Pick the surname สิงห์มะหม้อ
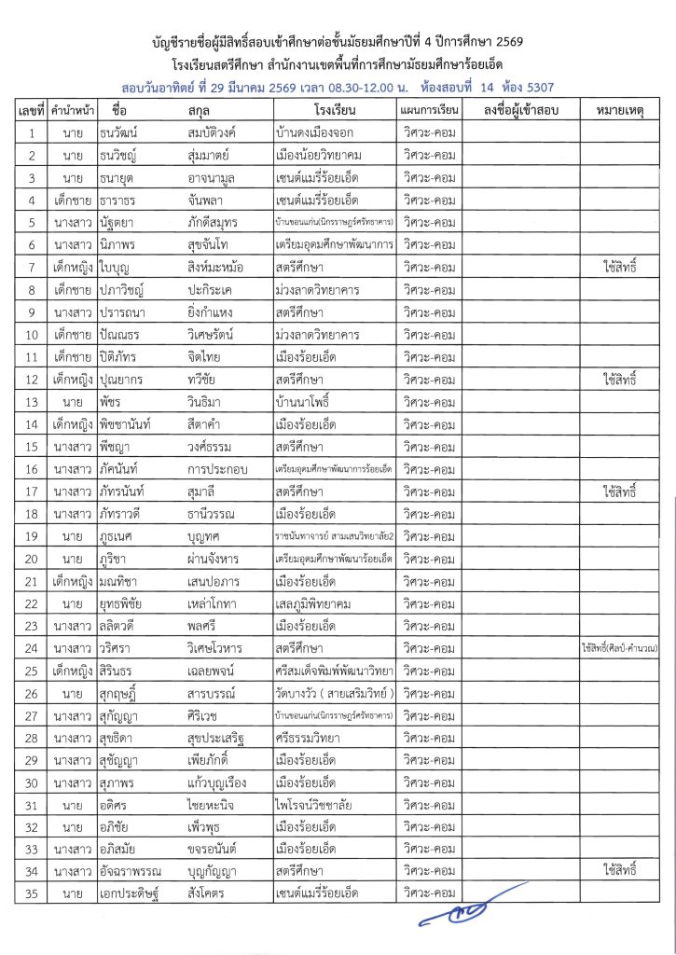pos(215,269)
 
